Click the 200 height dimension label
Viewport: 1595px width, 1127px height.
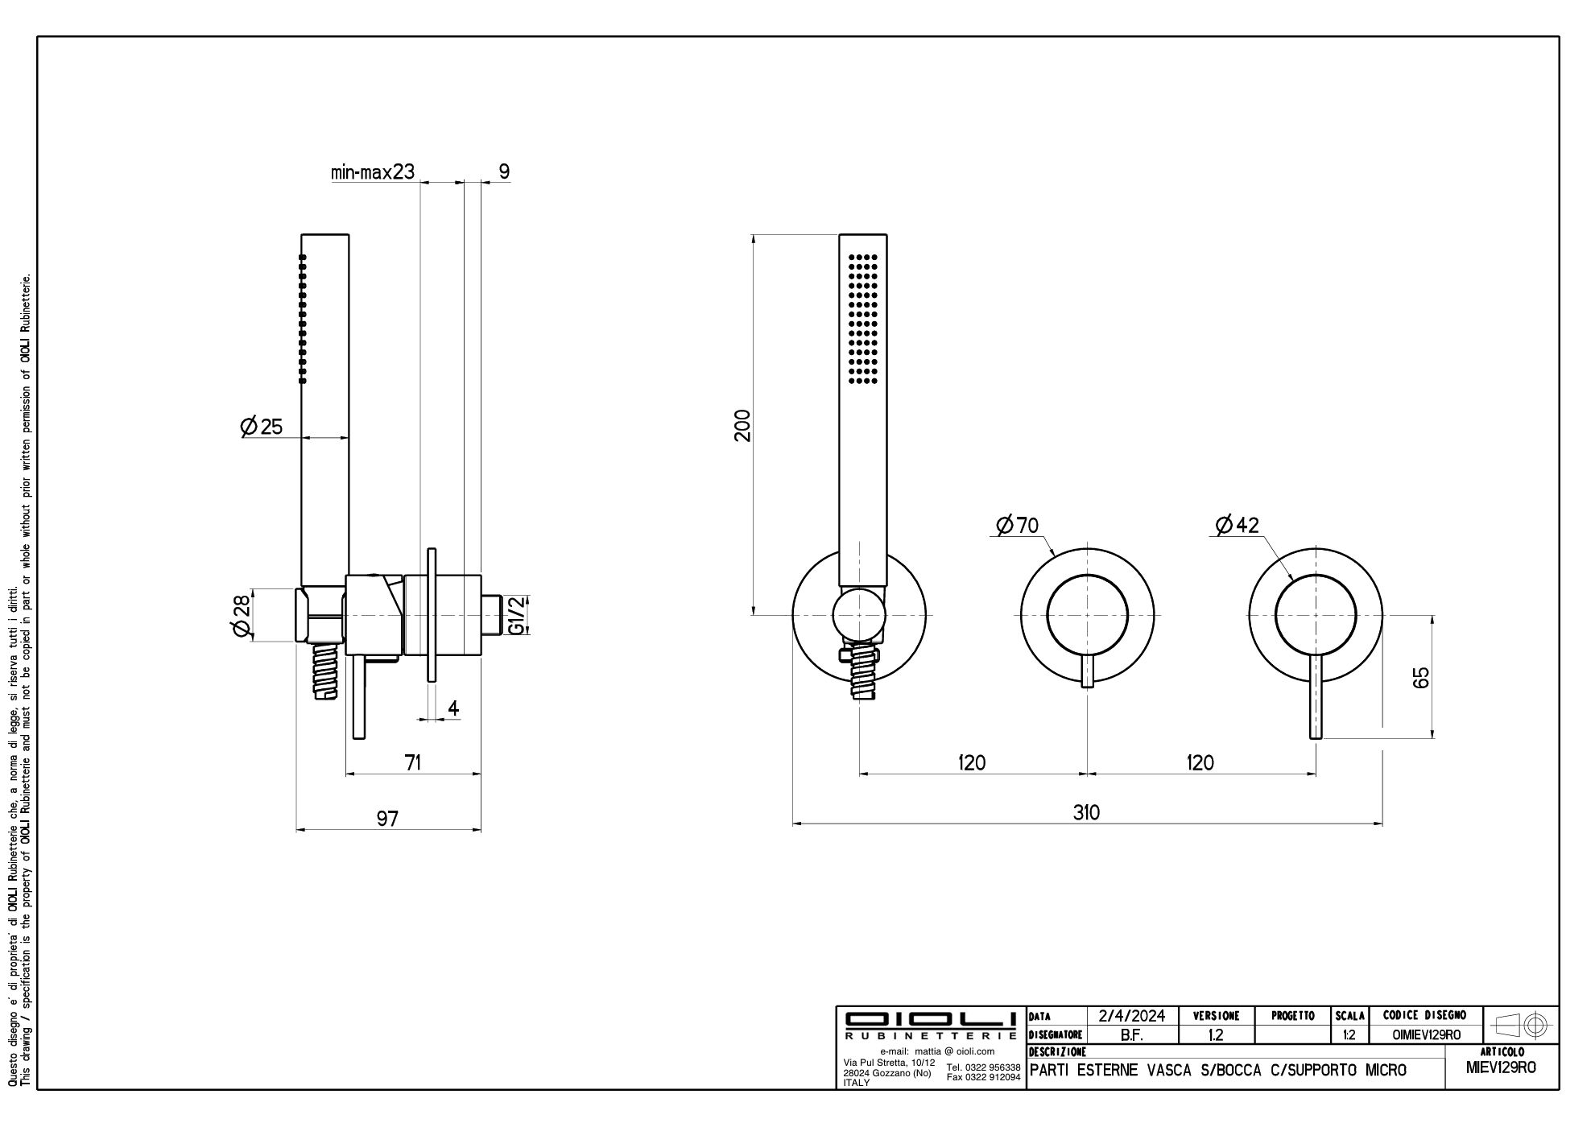click(x=742, y=425)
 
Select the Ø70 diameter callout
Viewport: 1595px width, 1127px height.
click(x=1018, y=526)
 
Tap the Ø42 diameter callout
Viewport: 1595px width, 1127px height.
click(x=1238, y=526)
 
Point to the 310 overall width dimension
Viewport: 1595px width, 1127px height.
click(x=1086, y=812)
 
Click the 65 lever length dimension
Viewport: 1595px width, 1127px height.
click(x=1421, y=676)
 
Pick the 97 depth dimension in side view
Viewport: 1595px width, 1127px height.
click(x=387, y=818)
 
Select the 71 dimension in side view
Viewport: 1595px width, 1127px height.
click(x=412, y=762)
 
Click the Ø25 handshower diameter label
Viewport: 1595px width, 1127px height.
click(x=262, y=426)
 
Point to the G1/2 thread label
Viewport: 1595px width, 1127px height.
click(x=519, y=615)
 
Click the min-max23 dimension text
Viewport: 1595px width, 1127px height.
click(x=372, y=171)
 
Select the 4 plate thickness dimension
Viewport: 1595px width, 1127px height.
click(x=453, y=708)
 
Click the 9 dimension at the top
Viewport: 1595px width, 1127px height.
click(x=504, y=171)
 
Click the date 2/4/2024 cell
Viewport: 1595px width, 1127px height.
click(x=1132, y=1016)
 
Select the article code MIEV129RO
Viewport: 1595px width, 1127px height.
click(x=1501, y=1067)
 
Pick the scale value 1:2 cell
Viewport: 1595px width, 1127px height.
click(x=1349, y=1035)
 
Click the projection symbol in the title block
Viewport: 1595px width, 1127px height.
click(x=1520, y=1026)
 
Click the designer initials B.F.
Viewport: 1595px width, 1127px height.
click(x=1132, y=1035)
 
